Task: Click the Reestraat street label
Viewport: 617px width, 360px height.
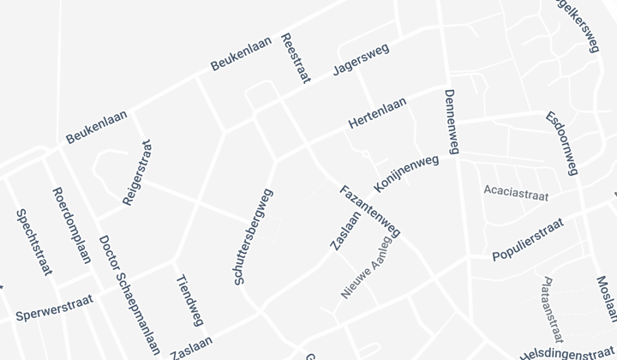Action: [295, 59]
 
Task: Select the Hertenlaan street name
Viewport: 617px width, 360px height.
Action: [377, 113]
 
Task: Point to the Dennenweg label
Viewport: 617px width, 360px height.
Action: [452, 122]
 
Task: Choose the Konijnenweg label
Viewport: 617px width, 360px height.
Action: [406, 174]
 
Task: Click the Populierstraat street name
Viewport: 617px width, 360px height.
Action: [528, 240]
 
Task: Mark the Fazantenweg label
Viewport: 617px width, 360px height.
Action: [370, 211]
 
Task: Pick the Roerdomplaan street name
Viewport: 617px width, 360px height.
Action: [71, 227]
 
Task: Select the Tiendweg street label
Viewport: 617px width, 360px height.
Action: [189, 301]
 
